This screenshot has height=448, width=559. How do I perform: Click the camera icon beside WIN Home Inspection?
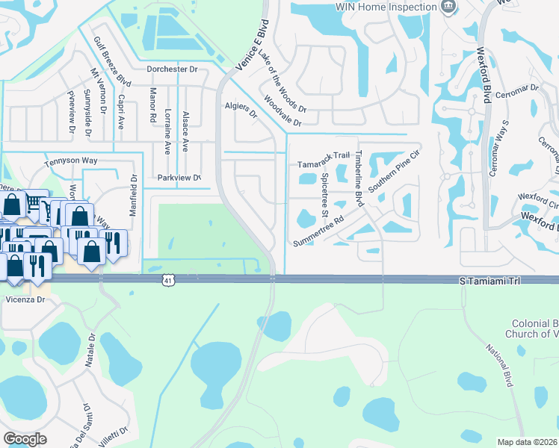click(x=448, y=7)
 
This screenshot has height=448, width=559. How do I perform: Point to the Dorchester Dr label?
click(x=172, y=69)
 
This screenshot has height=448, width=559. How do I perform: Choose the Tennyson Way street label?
click(x=71, y=160)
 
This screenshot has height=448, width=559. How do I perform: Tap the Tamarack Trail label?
click(x=324, y=155)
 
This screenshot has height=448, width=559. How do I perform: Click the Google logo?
click(x=25, y=439)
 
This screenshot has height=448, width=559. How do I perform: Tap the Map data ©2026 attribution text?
click(x=527, y=442)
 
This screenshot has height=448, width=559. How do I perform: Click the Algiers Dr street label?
click(x=241, y=110)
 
